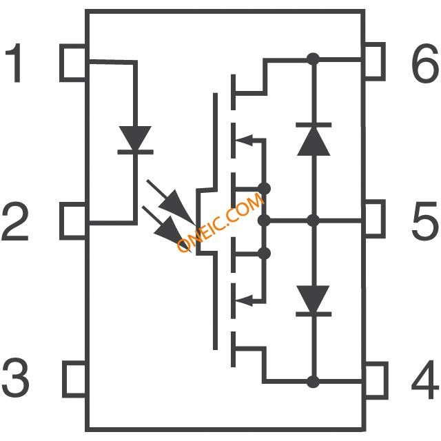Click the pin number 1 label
pos(14,63)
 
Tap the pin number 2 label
pos(15,221)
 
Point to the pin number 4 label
pos(425,380)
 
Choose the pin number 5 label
pos(425,221)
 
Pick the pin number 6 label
pos(425,63)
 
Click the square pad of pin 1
pos(73,63)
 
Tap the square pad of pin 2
pos(73,220)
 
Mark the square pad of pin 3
pos(74,380)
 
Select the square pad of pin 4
pos(376,380)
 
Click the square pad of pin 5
pos(375,218)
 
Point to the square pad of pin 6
pos(375,61)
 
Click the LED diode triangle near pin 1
pos(135,139)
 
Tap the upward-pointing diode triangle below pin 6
pos(314,141)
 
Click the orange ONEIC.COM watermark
pos(220,222)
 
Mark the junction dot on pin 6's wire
pos(314,59)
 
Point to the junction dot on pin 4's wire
pos(314,381)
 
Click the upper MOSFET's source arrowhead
pos(244,140)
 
